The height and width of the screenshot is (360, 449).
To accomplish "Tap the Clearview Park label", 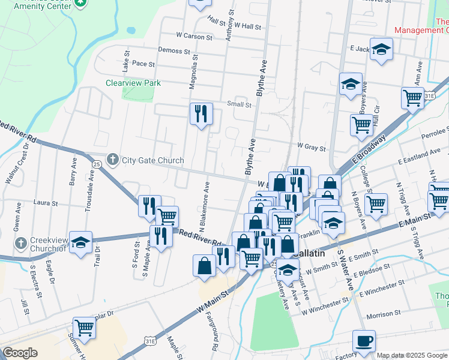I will (133, 83).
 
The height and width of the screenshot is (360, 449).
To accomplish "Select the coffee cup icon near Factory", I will (364, 341).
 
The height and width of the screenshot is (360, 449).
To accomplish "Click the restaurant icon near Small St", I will (201, 113).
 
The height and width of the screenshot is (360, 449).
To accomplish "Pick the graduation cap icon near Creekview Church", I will (80, 242).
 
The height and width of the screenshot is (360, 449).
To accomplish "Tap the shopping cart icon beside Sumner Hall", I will (85, 328).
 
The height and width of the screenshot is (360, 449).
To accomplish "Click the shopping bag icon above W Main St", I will (204, 266).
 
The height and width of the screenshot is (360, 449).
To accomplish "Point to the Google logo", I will (20, 353).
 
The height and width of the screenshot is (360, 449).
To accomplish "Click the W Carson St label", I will (194, 37).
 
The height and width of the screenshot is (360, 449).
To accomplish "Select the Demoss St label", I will (174, 50).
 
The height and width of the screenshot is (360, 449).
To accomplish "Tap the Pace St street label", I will (143, 64).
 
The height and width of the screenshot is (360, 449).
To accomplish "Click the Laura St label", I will (46, 203).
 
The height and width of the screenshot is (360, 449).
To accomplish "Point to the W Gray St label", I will (312, 147).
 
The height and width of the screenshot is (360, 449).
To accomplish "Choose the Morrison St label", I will (384, 314).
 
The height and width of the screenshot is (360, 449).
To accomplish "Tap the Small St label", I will (239, 104).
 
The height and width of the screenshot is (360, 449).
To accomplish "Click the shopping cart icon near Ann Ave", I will (412, 97).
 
